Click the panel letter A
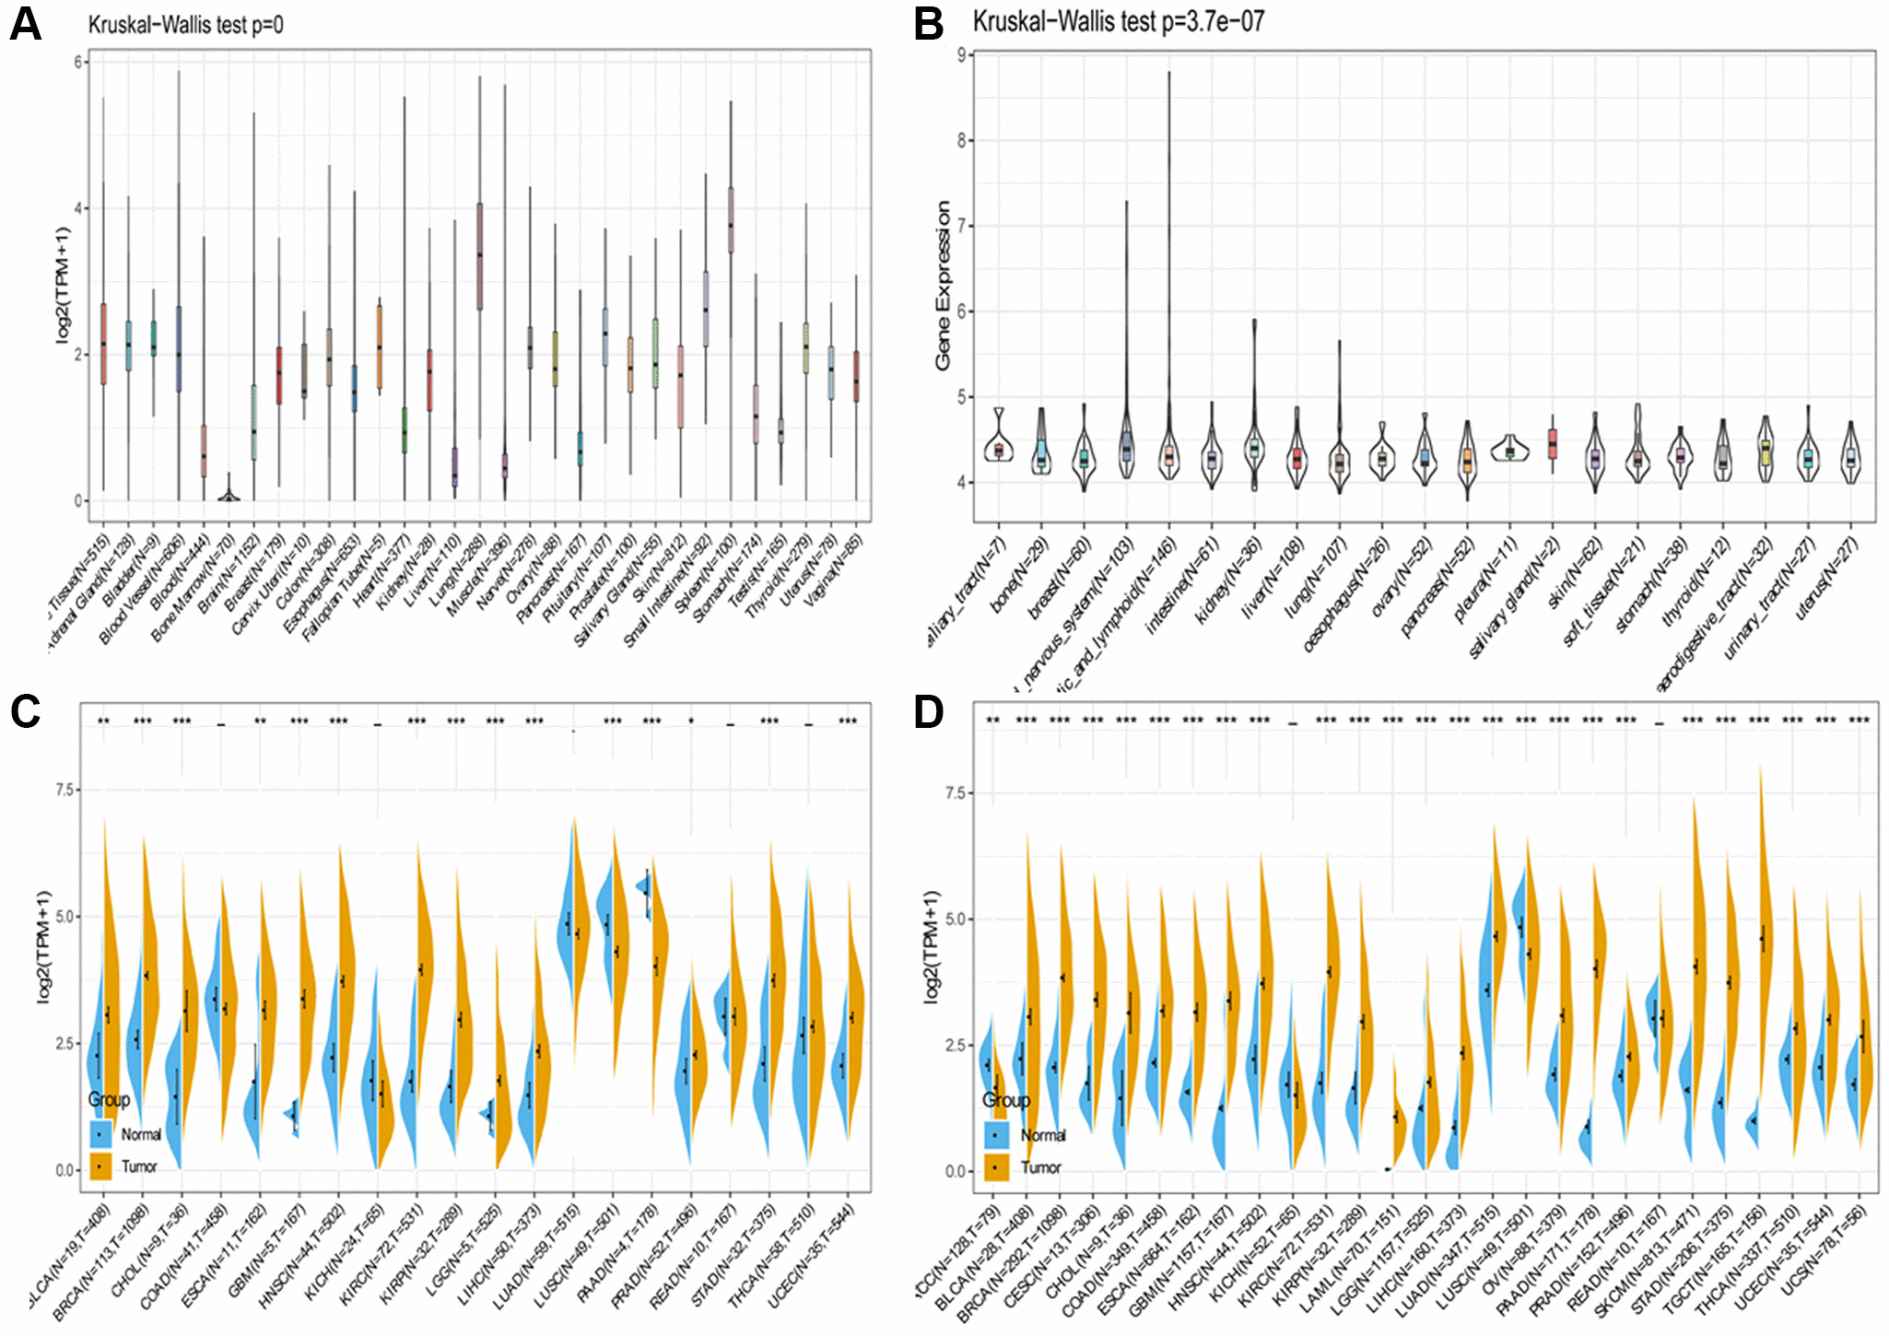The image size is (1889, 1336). tap(25, 24)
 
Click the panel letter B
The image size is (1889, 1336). tap(929, 24)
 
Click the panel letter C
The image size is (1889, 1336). tap(25, 712)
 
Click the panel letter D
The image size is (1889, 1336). tap(929, 712)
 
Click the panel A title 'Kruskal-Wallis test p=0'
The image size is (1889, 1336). tap(185, 25)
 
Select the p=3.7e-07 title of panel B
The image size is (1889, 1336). tap(1119, 21)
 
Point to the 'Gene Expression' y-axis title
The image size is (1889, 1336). tap(943, 286)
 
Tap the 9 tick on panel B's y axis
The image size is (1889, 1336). tap(961, 55)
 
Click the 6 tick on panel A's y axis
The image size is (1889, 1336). tap(79, 62)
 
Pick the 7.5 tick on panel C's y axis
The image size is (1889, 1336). tap(65, 790)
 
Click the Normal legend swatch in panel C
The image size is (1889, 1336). tap(100, 1134)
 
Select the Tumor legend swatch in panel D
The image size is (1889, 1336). tap(995, 1167)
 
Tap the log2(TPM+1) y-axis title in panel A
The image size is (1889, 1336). tap(63, 286)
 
